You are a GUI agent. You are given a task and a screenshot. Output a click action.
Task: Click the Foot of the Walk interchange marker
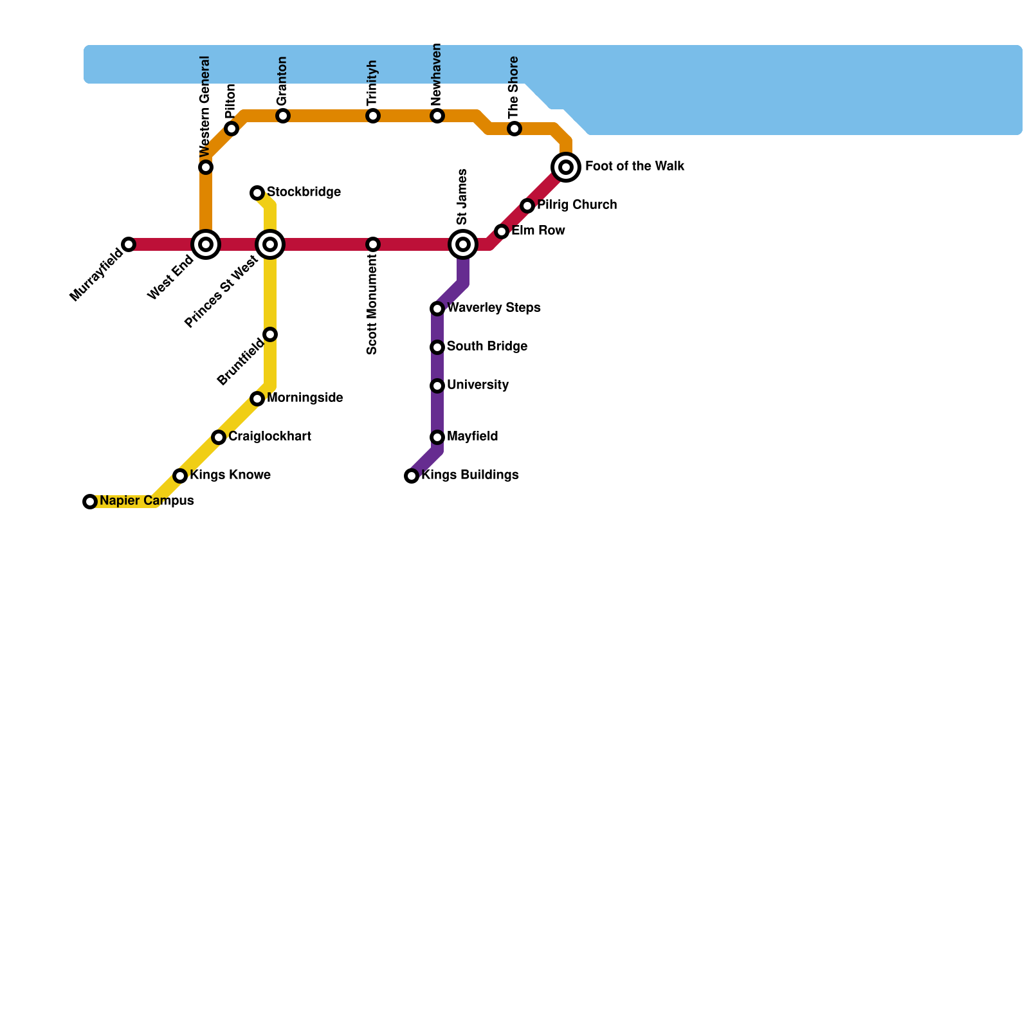[x=566, y=167]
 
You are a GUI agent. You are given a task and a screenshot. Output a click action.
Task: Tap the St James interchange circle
[x=463, y=244]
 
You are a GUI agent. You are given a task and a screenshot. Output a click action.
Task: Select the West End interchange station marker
[x=206, y=244]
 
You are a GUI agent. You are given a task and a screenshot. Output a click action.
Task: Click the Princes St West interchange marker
[x=270, y=244]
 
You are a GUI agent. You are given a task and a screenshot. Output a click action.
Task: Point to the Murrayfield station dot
[x=129, y=244]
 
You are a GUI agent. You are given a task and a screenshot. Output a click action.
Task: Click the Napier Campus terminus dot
[x=90, y=502]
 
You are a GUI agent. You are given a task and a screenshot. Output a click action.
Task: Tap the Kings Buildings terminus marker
[x=412, y=476]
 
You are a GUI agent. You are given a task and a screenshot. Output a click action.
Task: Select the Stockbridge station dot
[x=257, y=193]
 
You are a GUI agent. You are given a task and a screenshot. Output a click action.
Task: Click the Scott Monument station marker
[x=373, y=244]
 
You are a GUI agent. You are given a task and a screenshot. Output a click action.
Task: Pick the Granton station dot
[x=283, y=116]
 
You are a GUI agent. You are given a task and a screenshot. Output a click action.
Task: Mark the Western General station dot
[x=206, y=167]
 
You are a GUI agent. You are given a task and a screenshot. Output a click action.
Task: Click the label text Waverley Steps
[x=493, y=308]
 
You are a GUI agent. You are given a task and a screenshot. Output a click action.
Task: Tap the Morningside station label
[x=304, y=398]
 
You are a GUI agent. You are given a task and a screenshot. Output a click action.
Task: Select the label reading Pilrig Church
[x=577, y=205]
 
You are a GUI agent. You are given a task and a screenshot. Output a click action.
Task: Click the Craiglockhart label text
[x=269, y=437]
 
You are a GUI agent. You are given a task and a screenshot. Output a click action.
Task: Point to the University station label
[x=478, y=385]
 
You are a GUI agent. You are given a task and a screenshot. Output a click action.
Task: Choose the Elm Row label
[x=538, y=231]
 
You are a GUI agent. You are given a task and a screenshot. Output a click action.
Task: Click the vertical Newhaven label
[x=437, y=75]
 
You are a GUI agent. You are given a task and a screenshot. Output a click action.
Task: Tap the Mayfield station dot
[x=437, y=437]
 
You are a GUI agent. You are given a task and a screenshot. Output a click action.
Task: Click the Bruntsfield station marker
[x=270, y=334]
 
